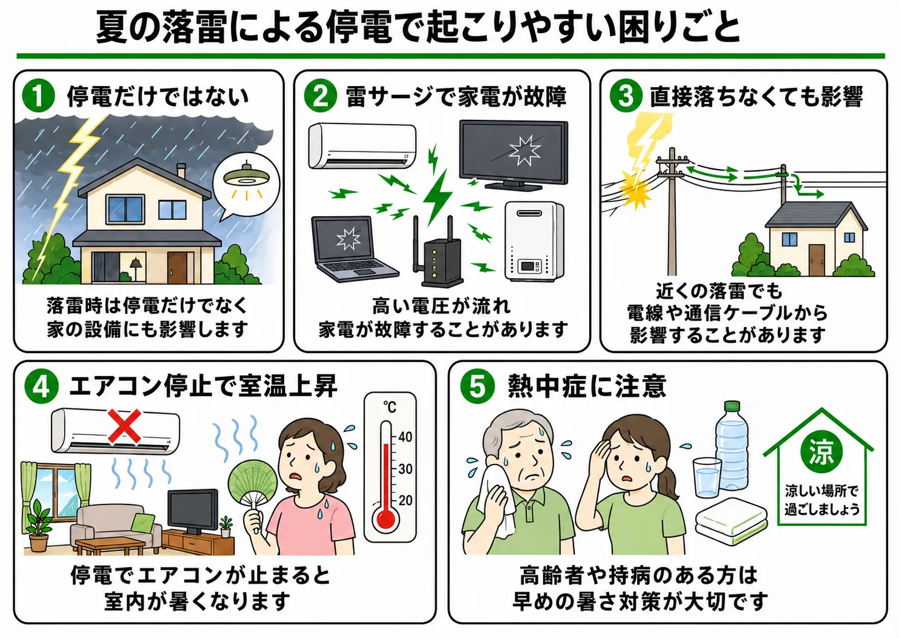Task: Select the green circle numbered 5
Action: click(x=477, y=386)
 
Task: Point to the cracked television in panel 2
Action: click(x=514, y=155)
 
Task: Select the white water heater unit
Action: click(x=534, y=242)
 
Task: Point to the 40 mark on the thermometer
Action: click(x=405, y=437)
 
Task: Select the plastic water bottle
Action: click(x=731, y=445)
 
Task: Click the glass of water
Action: click(x=707, y=478)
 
